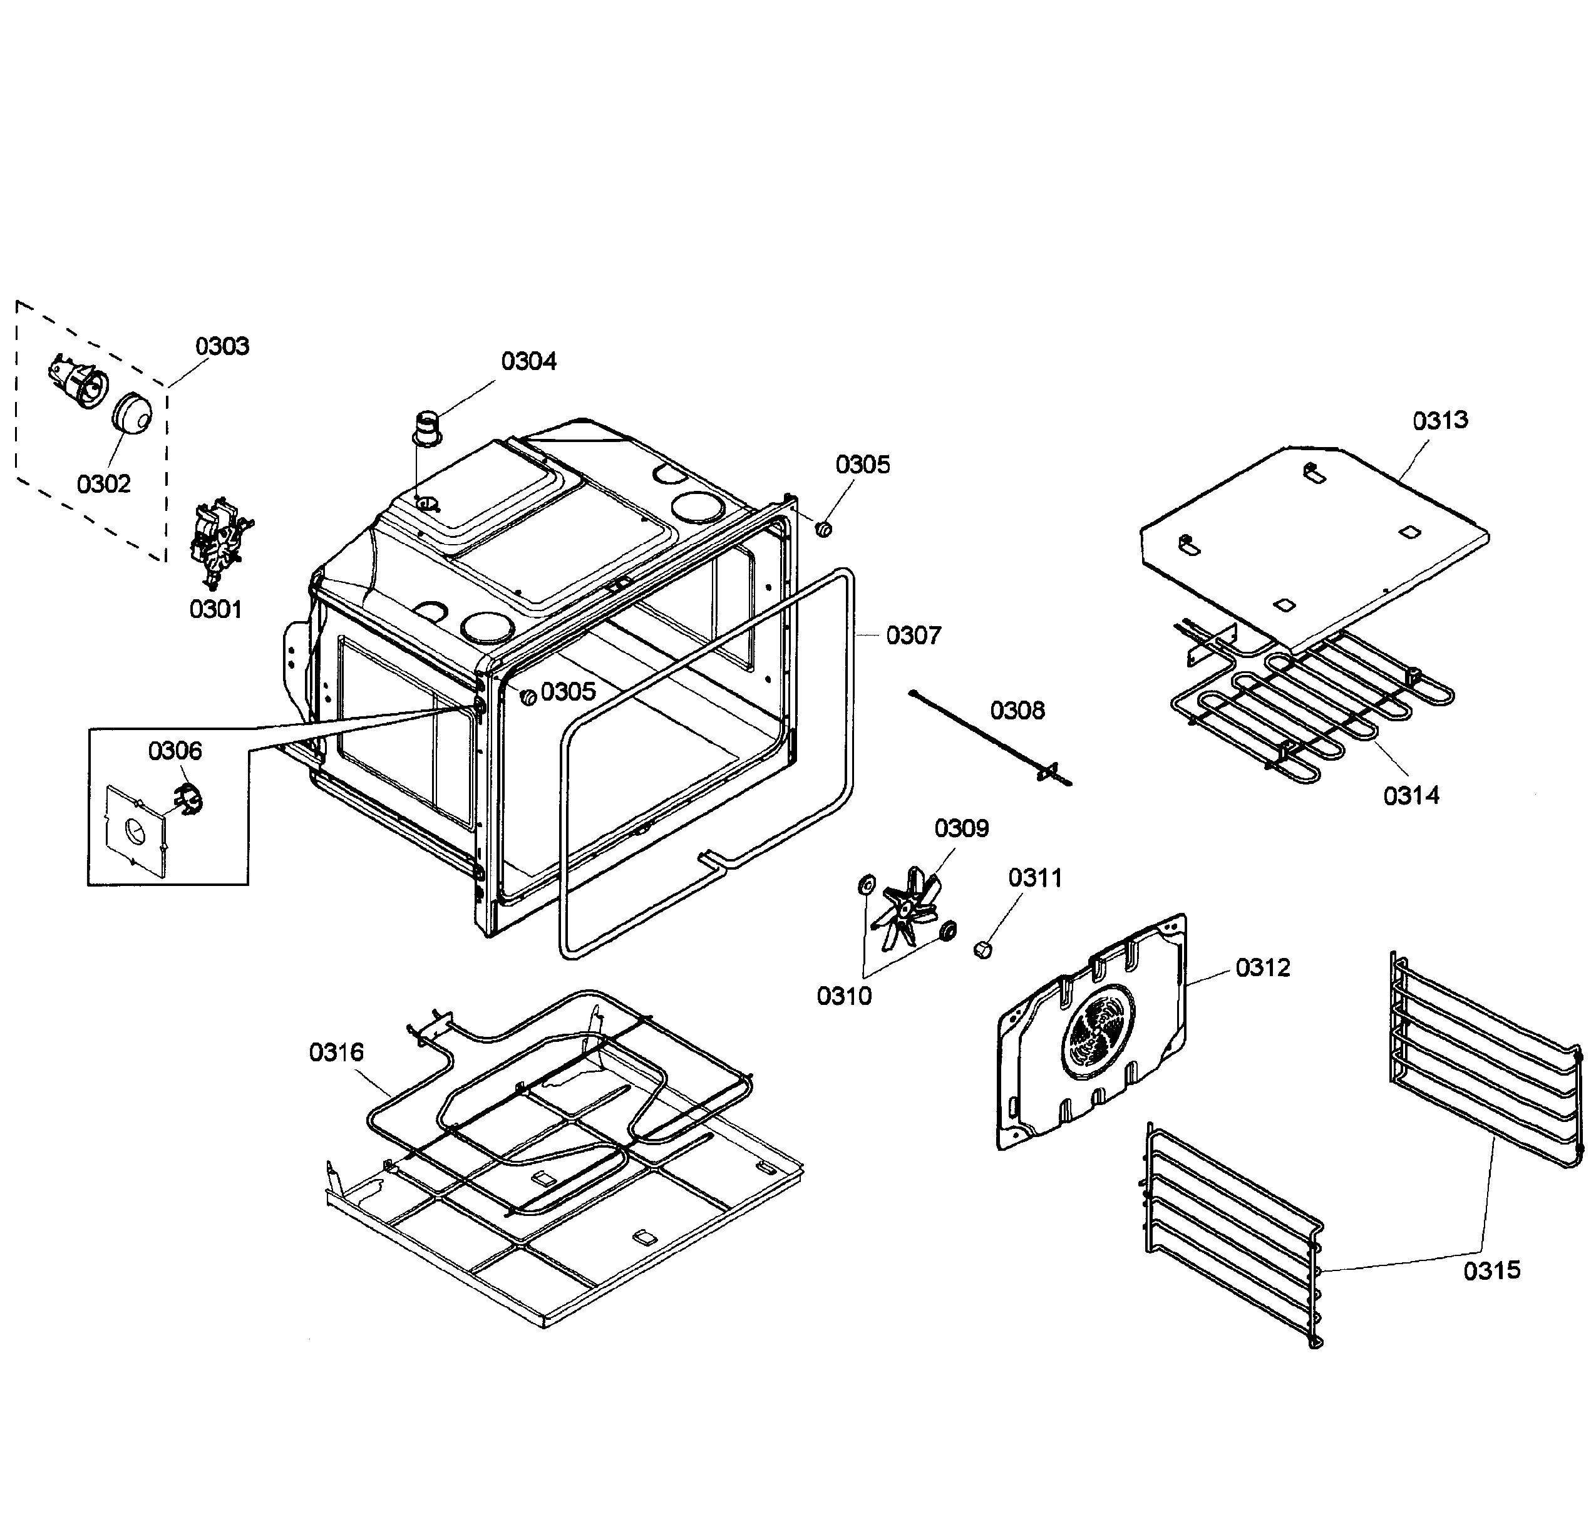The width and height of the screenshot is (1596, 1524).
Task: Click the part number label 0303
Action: (222, 347)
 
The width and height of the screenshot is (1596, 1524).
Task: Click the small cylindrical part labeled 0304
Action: (427, 429)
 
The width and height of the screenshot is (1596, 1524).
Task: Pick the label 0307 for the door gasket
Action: (913, 636)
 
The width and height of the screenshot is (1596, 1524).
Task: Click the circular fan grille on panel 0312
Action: (1098, 1032)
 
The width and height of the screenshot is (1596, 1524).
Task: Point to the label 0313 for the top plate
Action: (1440, 421)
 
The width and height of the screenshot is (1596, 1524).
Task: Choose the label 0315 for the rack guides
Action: (1491, 1270)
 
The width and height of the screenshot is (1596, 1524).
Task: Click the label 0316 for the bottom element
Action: (336, 1053)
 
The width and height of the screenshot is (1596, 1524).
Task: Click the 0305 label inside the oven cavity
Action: (568, 692)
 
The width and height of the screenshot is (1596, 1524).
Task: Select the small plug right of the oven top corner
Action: (823, 530)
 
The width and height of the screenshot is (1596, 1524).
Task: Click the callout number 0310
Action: (844, 996)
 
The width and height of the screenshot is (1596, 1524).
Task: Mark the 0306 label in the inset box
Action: (175, 751)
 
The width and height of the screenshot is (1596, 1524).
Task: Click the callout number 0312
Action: (1262, 967)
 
